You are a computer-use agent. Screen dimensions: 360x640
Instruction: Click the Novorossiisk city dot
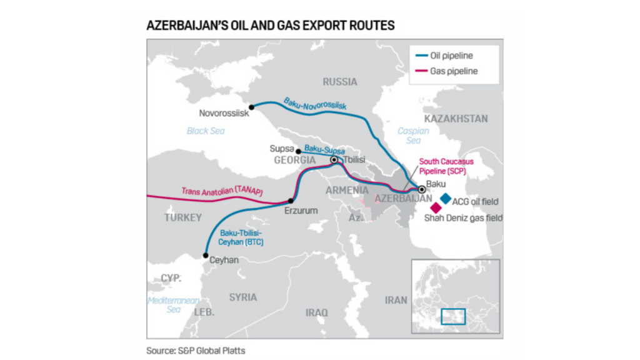pos(251,107)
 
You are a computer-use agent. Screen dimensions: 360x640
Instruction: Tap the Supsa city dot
pos(298,151)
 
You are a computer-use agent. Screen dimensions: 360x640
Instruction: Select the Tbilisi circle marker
pos(334,160)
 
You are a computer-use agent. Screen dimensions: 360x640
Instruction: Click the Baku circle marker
pos(421,189)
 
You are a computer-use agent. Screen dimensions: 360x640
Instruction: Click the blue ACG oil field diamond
pos(445,198)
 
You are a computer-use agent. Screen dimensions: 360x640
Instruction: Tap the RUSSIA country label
pos(340,82)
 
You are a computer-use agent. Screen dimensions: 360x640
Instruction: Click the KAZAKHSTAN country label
pos(456,119)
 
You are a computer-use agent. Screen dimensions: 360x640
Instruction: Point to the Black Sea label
pos(205,131)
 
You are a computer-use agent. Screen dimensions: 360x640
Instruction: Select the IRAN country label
pos(396,300)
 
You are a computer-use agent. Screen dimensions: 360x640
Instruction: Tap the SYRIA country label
pos(242,297)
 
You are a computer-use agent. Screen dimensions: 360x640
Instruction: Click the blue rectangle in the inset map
pos(453,316)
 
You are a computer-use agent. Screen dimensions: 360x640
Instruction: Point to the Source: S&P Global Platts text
pos(196,351)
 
